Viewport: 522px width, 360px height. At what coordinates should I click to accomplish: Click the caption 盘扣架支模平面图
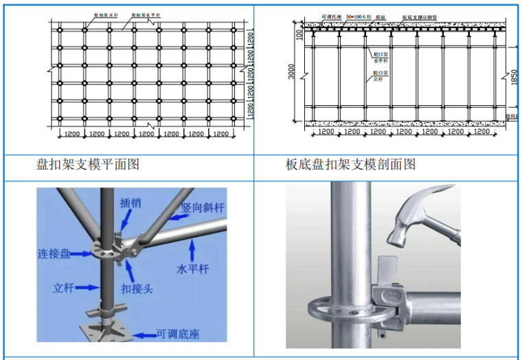coord(88,164)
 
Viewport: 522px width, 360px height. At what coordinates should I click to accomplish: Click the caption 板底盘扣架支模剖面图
coord(350,164)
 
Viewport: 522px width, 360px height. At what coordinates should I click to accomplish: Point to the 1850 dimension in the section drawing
coord(512,77)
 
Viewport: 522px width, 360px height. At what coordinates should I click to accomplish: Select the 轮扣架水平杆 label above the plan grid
coord(142,14)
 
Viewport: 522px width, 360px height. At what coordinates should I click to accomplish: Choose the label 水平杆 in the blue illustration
coord(193,269)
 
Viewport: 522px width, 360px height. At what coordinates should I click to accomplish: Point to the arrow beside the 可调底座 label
coord(143,334)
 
